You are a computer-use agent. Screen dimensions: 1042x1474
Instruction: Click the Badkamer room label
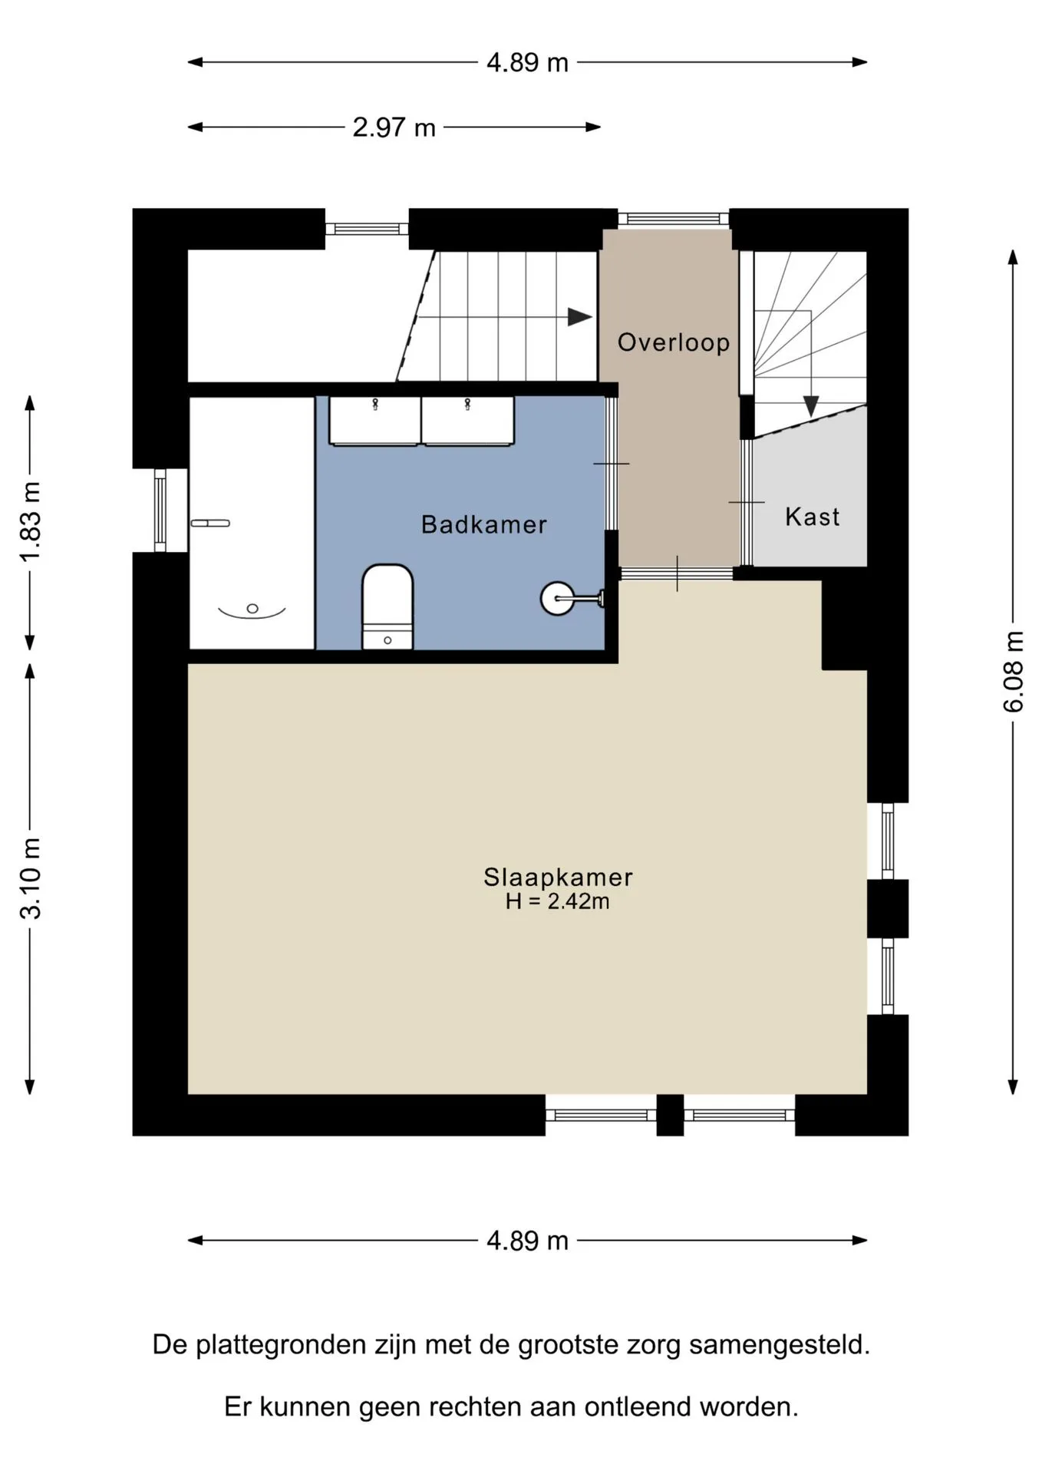tap(483, 524)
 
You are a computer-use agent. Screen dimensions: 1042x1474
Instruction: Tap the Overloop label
tap(674, 342)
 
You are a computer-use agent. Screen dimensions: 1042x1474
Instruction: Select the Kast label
tap(812, 517)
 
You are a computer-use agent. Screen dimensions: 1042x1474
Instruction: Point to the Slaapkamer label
tap(558, 877)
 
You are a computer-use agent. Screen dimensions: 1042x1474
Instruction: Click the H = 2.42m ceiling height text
tap(558, 901)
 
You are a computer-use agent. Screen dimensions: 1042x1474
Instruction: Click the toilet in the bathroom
tap(387, 607)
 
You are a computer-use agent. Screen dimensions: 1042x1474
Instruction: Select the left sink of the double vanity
tap(375, 421)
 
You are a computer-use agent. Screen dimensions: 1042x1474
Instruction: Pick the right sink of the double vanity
tap(468, 421)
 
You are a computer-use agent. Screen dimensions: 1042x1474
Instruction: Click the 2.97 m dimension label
tap(394, 127)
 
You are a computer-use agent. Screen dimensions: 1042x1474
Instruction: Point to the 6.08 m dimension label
tap(1013, 672)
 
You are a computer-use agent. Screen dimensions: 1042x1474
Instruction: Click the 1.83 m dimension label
tap(30, 522)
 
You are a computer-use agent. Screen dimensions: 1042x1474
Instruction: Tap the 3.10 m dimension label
tap(30, 878)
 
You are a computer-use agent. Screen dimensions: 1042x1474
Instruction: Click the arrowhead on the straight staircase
tap(580, 316)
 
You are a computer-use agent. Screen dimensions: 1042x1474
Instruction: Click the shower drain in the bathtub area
tap(252, 609)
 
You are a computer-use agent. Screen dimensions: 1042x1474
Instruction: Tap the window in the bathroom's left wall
tap(160, 511)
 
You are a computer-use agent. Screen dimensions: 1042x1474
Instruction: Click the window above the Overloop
tap(674, 219)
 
